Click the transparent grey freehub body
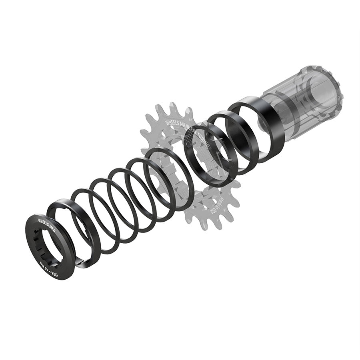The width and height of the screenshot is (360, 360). tap(308, 100)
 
